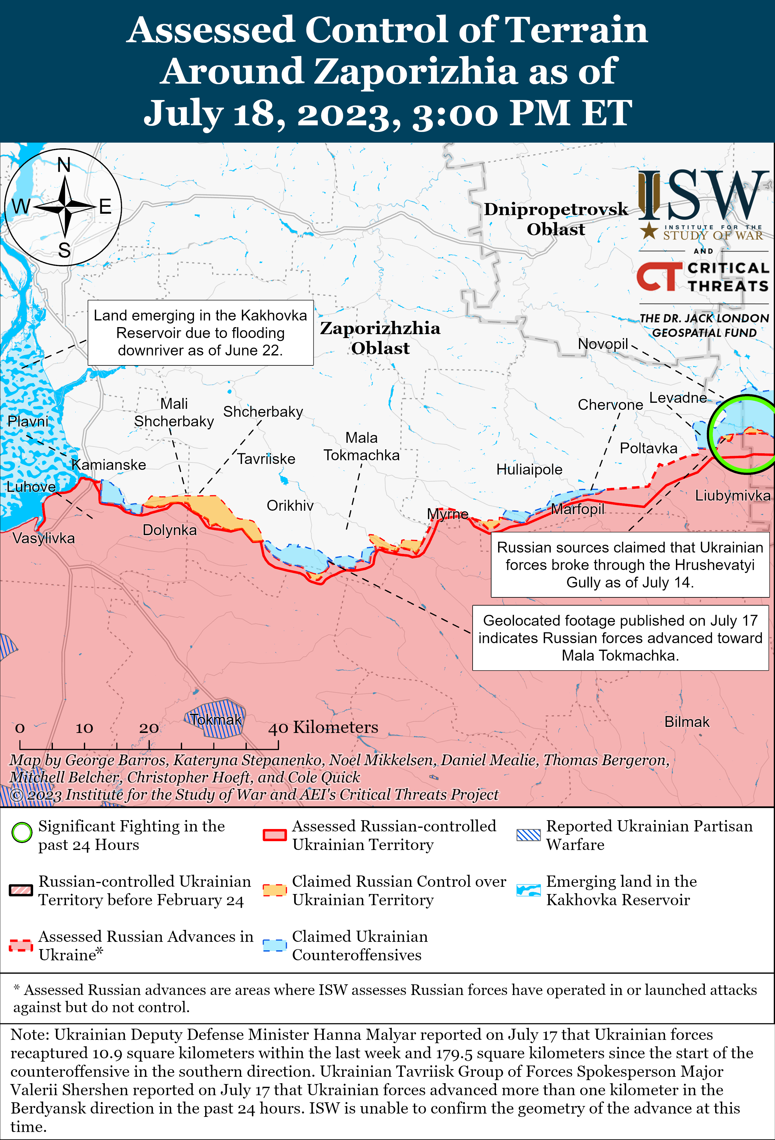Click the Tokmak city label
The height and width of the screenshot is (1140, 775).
pyautogui.click(x=216, y=720)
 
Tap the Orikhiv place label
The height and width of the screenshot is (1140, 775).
pyautogui.click(x=290, y=506)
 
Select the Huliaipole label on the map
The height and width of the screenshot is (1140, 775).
pyautogui.click(x=529, y=469)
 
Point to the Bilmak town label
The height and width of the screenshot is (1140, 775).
pyautogui.click(x=687, y=722)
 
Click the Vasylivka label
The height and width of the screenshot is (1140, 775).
pyautogui.click(x=44, y=538)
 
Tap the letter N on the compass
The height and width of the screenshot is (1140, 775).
pyautogui.click(x=64, y=165)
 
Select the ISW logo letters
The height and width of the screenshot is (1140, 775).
pyautogui.click(x=703, y=196)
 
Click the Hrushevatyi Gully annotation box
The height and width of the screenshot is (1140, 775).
pyautogui.click(x=630, y=565)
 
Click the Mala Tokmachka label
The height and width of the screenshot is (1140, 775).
pyautogui.click(x=361, y=446)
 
